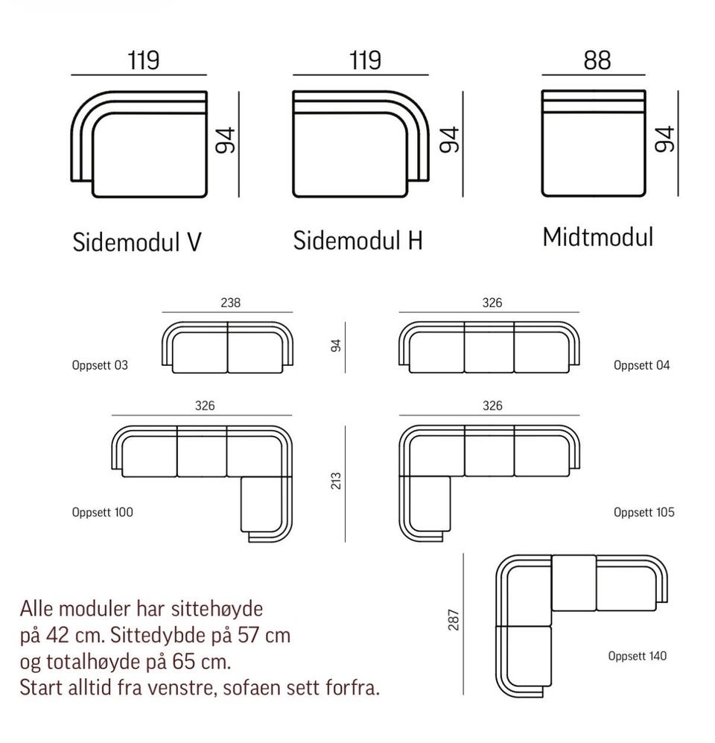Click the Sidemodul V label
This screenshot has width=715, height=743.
coord(137,242)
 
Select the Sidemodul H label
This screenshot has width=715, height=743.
coord(358,241)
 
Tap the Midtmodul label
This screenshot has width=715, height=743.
coord(597,237)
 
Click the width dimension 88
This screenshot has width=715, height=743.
coord(597,60)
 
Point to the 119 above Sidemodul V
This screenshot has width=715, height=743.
coord(143,60)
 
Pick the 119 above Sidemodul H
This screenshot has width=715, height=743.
coord(364,60)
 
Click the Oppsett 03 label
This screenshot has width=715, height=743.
coord(100,365)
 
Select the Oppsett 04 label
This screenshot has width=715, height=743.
coord(641,365)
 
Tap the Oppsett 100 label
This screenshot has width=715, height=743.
coord(103,512)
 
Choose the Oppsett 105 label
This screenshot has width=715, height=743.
coord(644,512)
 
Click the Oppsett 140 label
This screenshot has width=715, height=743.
coord(637,656)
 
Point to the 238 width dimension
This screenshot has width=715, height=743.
coord(231,303)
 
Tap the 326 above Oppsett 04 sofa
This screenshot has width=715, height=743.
coord(492,303)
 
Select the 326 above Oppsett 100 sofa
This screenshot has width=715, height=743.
coord(205,406)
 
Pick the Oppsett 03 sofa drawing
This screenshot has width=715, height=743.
coord(228,349)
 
